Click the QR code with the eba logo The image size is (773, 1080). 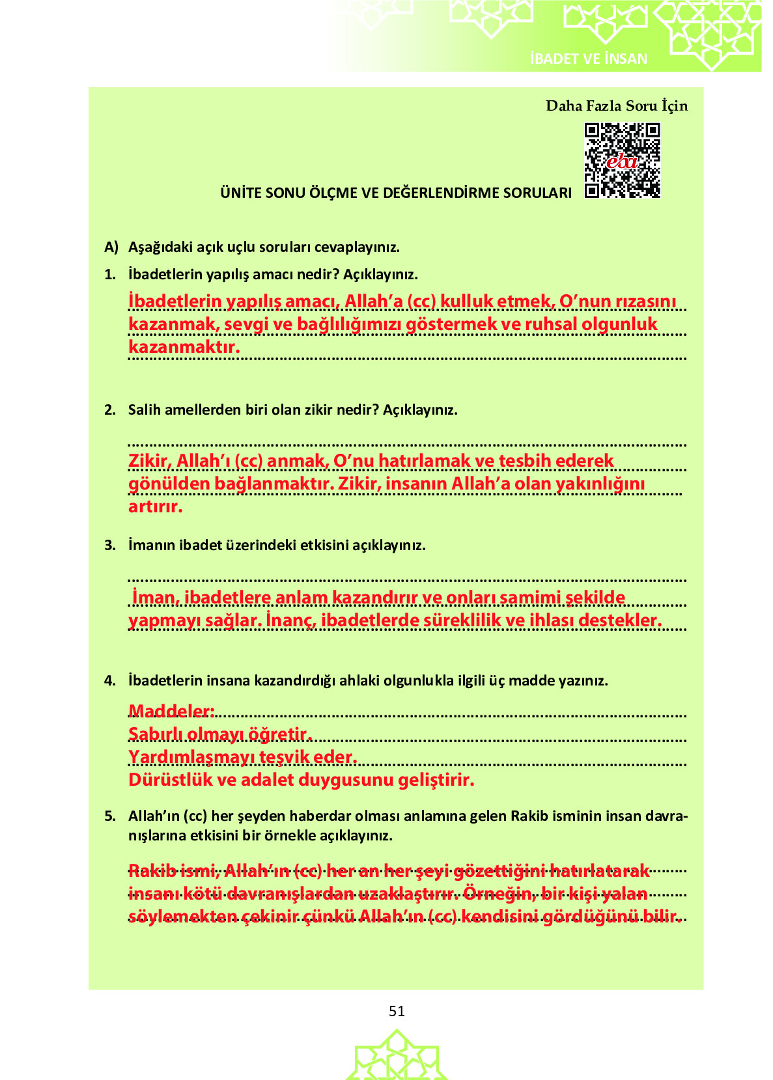click(x=622, y=160)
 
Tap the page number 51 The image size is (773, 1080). click(x=397, y=1011)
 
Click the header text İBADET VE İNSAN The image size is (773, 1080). click(x=589, y=59)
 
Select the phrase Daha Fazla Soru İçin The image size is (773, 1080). click(x=616, y=106)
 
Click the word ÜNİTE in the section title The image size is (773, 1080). click(x=240, y=193)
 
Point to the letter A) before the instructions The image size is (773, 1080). click(x=111, y=247)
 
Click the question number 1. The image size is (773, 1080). click(x=109, y=275)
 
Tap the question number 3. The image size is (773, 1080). click(x=109, y=546)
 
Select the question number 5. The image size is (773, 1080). click(x=109, y=816)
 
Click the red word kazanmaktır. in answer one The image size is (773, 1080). click(x=184, y=347)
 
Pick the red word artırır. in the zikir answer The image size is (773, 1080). click(x=155, y=506)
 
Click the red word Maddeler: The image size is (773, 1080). click(x=171, y=711)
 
